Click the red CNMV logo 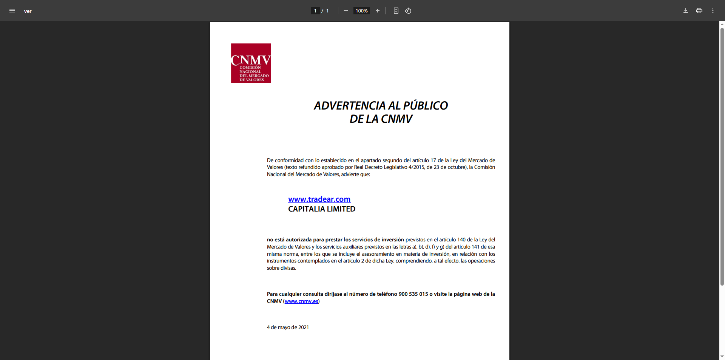pyautogui.click(x=251, y=63)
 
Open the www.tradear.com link pyautogui.click(x=319, y=199)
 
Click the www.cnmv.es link pyautogui.click(x=301, y=301)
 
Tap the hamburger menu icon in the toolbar pyautogui.click(x=12, y=11)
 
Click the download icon pyautogui.click(x=686, y=11)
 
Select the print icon pyautogui.click(x=699, y=11)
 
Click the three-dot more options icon pyautogui.click(x=713, y=11)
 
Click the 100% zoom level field pyautogui.click(x=361, y=11)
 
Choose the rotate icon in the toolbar pyautogui.click(x=408, y=11)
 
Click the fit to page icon pyautogui.click(x=396, y=11)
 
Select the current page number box pyautogui.click(x=315, y=11)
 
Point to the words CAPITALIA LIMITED pyautogui.click(x=322, y=209)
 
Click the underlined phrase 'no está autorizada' pyautogui.click(x=289, y=239)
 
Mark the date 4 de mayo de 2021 pyautogui.click(x=288, y=327)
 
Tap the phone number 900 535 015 pyautogui.click(x=413, y=294)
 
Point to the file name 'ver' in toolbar pyautogui.click(x=28, y=11)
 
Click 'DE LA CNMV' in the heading pyautogui.click(x=381, y=119)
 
